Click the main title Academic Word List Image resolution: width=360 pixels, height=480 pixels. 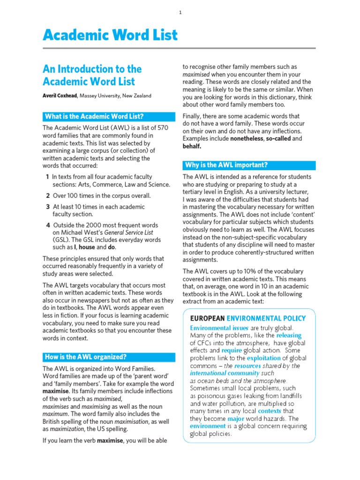pos(110,35)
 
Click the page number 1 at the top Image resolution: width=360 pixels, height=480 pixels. pos(180,13)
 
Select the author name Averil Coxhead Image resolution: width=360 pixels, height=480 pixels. pos(60,96)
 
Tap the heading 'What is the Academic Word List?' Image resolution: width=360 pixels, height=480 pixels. pos(94,116)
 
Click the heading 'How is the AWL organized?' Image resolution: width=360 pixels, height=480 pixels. pos(85,356)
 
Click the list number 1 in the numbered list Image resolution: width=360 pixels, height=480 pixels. pos(47,177)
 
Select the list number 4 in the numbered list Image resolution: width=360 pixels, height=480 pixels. pos(47,225)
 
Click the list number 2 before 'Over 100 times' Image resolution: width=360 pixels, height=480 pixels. pos(47,196)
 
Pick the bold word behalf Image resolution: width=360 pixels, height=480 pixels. pos(192,146)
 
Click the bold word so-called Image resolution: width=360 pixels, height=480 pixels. pos(278,139)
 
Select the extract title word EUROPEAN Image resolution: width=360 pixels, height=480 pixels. pos(207,318)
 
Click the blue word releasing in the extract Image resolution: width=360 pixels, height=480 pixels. pos(289,336)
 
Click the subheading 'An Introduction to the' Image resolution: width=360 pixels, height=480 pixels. pos(92,69)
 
